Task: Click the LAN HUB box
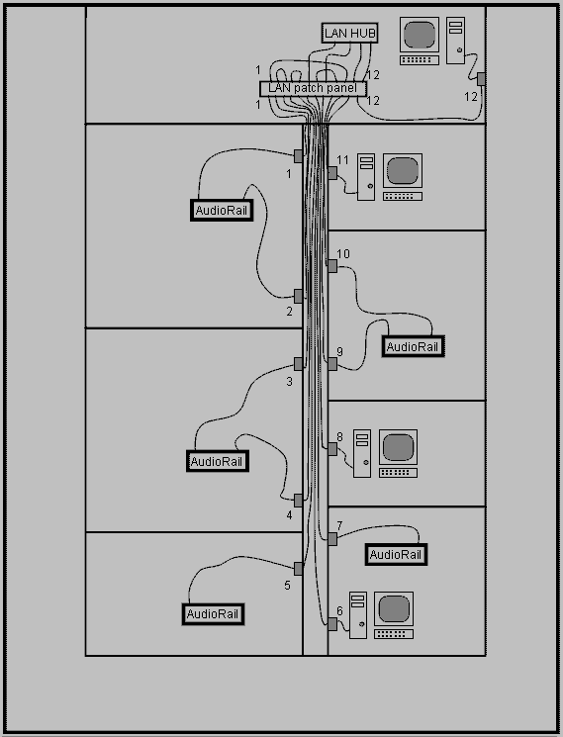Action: (349, 33)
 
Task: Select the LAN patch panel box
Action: (313, 88)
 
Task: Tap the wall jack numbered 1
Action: (299, 155)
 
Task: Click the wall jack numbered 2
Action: (299, 296)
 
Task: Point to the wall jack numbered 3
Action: (299, 363)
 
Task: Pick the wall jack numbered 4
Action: (299, 501)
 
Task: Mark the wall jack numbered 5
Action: (299, 568)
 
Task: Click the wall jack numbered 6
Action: (332, 623)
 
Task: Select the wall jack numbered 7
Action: (332, 538)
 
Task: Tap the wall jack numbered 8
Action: (332, 449)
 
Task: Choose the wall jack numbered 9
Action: (332, 364)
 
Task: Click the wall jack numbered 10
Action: (332, 266)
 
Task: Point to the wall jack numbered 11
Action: (332, 173)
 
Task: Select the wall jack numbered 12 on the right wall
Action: (481, 79)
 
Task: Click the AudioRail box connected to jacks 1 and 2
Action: (222, 210)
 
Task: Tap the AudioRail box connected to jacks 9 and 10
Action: (413, 347)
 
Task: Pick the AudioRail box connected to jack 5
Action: (213, 614)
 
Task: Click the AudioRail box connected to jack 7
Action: (396, 555)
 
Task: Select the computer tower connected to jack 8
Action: (362, 453)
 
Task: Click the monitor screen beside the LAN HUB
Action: (420, 35)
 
